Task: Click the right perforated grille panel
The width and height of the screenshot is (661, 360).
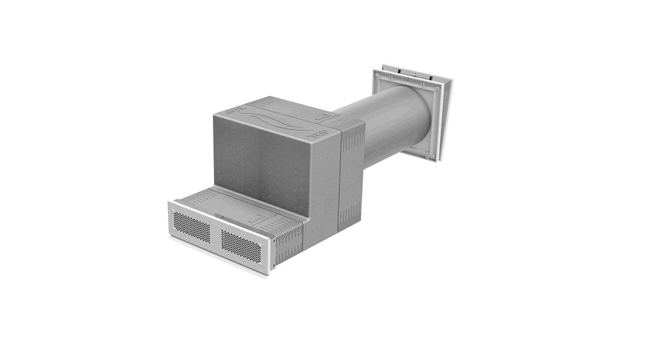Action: click(241, 243)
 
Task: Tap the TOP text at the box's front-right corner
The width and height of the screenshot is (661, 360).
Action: click(313, 135)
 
